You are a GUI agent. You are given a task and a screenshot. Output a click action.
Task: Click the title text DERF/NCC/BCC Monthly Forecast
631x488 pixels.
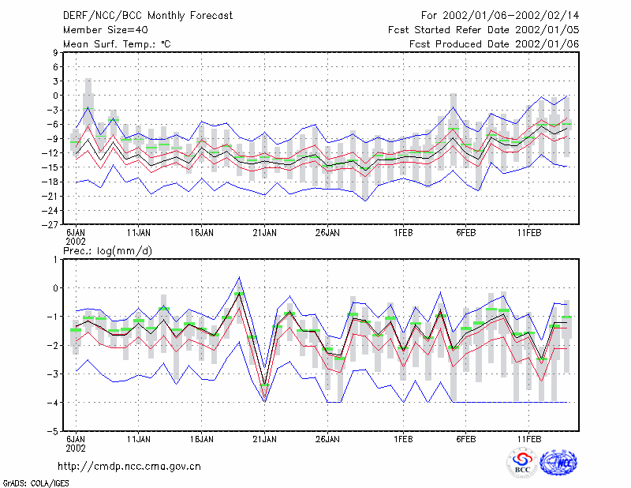[x=147, y=16]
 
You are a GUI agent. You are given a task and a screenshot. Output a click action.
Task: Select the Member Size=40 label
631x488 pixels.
[x=106, y=30]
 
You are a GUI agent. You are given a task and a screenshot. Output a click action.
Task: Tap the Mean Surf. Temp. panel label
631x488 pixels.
[x=117, y=44]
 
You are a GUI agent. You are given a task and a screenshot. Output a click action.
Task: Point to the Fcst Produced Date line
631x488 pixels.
[x=495, y=44]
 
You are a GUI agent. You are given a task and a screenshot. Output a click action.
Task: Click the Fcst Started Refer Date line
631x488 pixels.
[x=484, y=30]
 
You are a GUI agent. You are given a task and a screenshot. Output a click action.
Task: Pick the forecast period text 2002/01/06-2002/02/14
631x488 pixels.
[x=511, y=16]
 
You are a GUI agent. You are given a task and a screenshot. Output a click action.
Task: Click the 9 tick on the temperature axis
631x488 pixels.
[x=55, y=52]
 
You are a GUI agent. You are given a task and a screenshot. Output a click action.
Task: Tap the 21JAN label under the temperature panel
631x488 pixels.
[x=264, y=233]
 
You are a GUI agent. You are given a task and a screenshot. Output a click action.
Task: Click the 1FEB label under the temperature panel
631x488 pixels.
[x=403, y=233]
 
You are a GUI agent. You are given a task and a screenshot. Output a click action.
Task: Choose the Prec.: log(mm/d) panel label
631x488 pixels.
[x=107, y=251]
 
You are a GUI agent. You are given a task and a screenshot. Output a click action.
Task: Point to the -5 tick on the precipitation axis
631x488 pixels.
[x=52, y=431]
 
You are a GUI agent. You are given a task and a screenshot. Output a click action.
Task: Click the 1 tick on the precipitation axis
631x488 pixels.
[x=55, y=260]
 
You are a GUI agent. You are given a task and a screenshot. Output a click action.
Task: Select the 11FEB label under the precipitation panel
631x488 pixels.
[x=529, y=439]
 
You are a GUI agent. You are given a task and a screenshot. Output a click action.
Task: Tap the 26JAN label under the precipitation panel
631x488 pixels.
[x=327, y=439]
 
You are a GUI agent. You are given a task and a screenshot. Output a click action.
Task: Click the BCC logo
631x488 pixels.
[x=522, y=463]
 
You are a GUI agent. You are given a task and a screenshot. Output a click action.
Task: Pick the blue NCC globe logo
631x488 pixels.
[x=558, y=463]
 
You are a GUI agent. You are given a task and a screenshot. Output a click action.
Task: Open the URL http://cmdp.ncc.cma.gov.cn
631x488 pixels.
[x=129, y=467]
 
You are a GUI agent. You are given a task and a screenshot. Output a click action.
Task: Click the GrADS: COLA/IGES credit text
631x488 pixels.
[x=35, y=483]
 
